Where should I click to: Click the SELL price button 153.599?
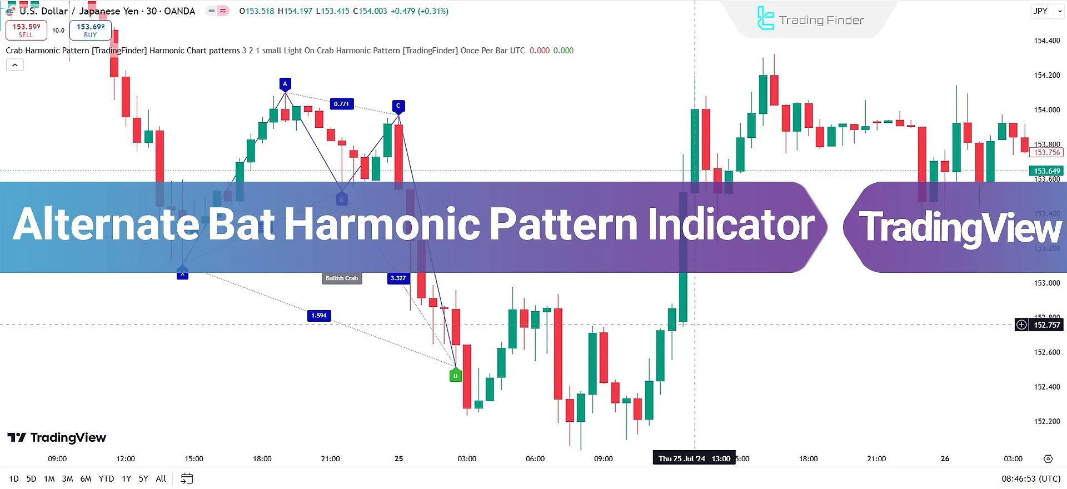tap(26, 30)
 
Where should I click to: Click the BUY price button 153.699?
tap(91, 30)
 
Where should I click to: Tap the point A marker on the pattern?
tap(285, 84)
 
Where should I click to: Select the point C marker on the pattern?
tap(398, 106)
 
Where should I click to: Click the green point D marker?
tap(456, 376)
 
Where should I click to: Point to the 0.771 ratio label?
tap(341, 104)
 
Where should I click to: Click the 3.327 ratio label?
tap(398, 278)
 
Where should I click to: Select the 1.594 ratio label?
tap(319, 316)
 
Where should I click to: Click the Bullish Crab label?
tap(342, 278)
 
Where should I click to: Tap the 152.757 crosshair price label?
tap(1046, 325)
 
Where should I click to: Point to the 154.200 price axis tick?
tap(1046, 76)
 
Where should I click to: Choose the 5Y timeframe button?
tap(143, 478)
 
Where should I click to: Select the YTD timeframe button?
tap(106, 478)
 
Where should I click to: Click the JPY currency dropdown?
tap(1046, 11)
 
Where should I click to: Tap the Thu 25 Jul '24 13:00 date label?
tap(694, 458)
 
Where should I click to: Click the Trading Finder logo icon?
tap(765, 19)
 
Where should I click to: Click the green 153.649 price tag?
tap(1046, 171)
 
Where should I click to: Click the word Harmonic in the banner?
tap(382, 225)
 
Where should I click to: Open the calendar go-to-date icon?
tap(187, 478)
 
